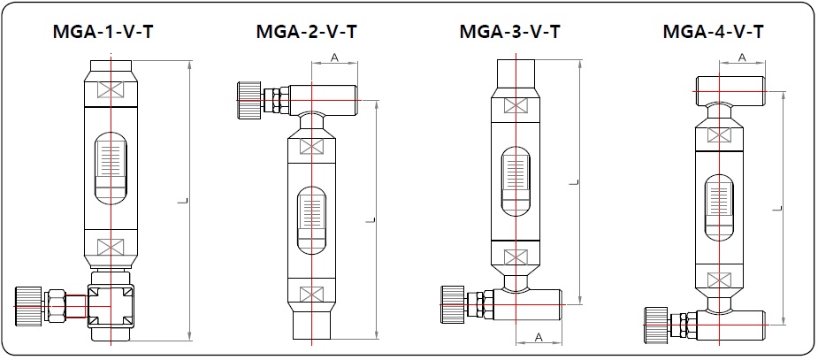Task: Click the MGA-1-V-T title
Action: (105, 34)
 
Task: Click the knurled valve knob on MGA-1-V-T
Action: (29, 305)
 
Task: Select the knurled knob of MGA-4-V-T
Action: (657, 321)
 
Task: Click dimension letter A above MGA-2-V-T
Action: (334, 57)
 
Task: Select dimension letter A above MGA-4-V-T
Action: (741, 57)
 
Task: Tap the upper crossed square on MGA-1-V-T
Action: (110, 90)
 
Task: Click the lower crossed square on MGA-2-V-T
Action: (311, 293)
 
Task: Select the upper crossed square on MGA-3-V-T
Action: (514, 105)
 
